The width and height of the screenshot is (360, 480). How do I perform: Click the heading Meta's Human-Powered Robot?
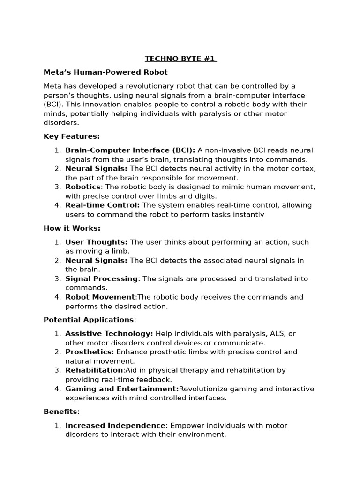[105, 72]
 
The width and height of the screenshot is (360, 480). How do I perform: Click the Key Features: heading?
[72, 136]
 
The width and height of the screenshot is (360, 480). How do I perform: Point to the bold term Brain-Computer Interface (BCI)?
[130, 150]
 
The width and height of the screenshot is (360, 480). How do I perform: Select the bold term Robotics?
[83, 187]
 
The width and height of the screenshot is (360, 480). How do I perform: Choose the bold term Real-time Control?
[103, 205]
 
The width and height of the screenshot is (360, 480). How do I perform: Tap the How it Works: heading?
[72, 228]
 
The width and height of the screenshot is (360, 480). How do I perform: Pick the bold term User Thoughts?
[97, 242]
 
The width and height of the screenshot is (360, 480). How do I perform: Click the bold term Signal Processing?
[102, 278]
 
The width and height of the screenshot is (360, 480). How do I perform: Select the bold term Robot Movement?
[100, 297]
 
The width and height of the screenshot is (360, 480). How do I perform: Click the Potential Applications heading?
[89, 320]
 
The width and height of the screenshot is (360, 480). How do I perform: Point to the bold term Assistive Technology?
[109, 333]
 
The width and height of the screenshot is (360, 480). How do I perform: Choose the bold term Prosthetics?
[89, 352]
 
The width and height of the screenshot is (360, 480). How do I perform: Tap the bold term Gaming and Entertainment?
[122, 389]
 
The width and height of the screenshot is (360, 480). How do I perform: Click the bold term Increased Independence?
[115, 425]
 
